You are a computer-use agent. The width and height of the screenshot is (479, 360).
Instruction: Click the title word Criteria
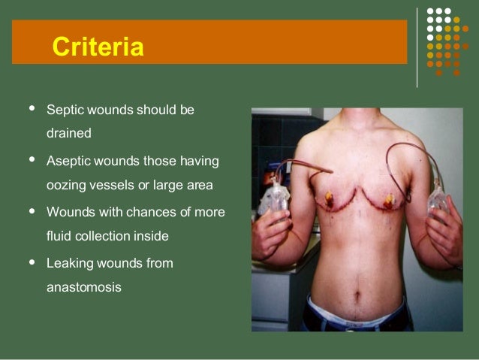(97, 47)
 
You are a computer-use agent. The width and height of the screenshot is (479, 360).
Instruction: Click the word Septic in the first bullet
(64, 110)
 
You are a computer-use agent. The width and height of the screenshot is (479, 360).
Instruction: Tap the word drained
(68, 135)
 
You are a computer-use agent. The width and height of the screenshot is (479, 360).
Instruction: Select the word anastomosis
(84, 286)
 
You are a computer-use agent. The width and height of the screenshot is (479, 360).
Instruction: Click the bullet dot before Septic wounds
(32, 109)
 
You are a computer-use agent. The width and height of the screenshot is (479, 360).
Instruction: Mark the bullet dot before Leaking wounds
(32, 262)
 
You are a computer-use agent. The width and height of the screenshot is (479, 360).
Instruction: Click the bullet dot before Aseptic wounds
(32, 159)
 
